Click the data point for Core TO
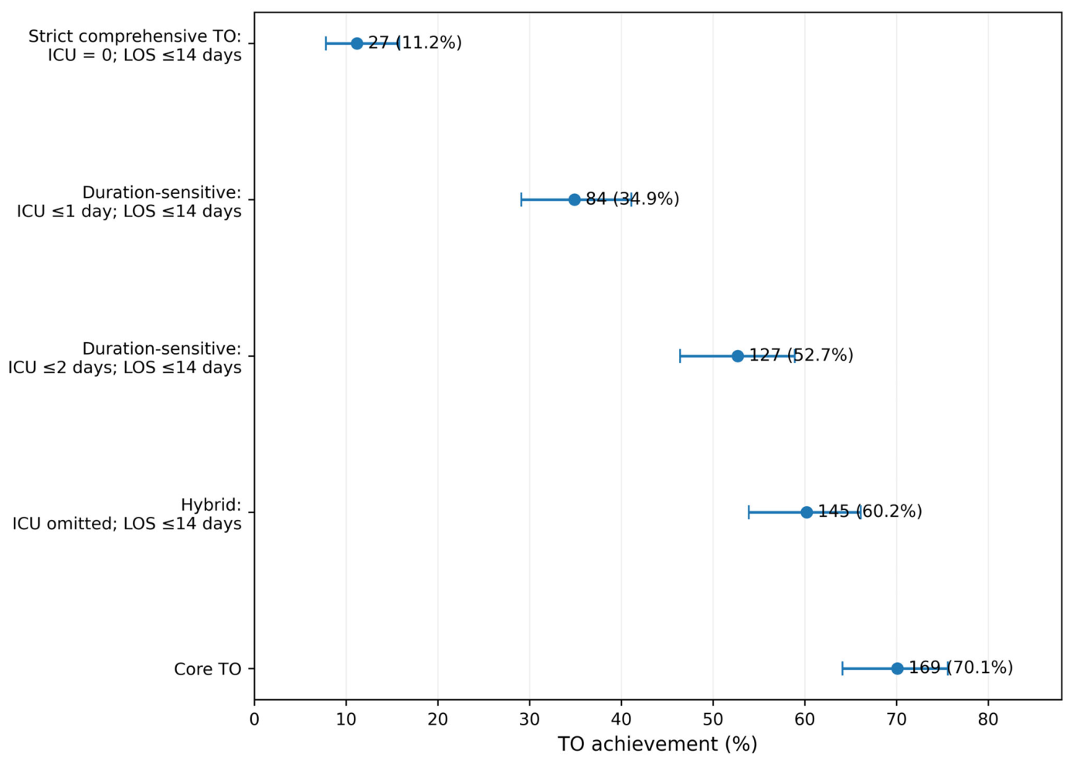[897, 669]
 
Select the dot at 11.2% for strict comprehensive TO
[357, 43]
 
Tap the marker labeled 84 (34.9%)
[574, 199]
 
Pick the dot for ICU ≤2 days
[738, 356]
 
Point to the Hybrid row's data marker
[807, 512]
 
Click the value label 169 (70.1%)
[960, 668]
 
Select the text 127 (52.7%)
[801, 355]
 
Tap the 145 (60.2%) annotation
[870, 511]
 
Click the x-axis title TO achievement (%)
[657, 744]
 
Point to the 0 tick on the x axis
[254, 719]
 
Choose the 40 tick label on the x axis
[621, 719]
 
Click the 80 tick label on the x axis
[988, 719]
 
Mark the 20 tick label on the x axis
[437, 719]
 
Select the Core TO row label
[207, 669]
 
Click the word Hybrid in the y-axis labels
[211, 505]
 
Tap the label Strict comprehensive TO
[134, 36]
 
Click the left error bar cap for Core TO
[842, 669]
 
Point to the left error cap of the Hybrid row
[749, 512]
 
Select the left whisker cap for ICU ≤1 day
[521, 199]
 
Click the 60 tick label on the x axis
[804, 719]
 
